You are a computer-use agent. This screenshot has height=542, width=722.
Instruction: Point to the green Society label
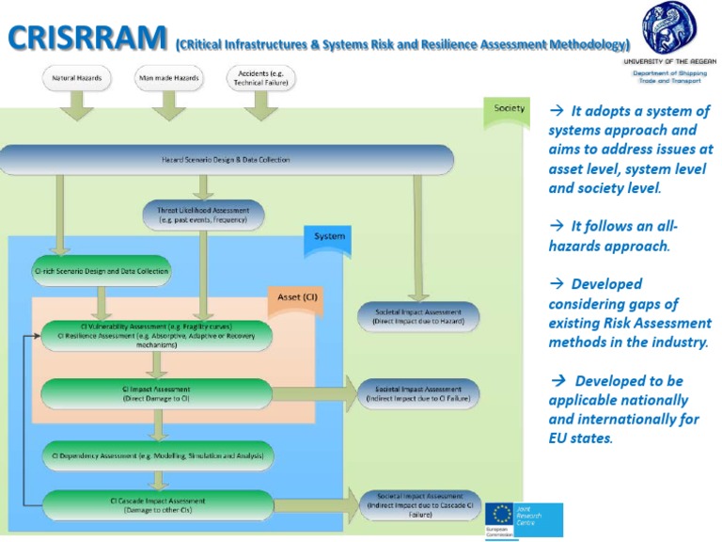(x=510, y=108)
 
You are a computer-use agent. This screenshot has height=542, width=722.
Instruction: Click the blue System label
(x=329, y=236)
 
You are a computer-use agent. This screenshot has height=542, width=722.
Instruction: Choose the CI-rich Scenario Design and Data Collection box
(x=102, y=271)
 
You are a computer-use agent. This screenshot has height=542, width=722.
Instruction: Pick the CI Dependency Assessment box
(x=157, y=455)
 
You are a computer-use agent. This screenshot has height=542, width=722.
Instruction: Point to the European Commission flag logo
(x=501, y=517)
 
